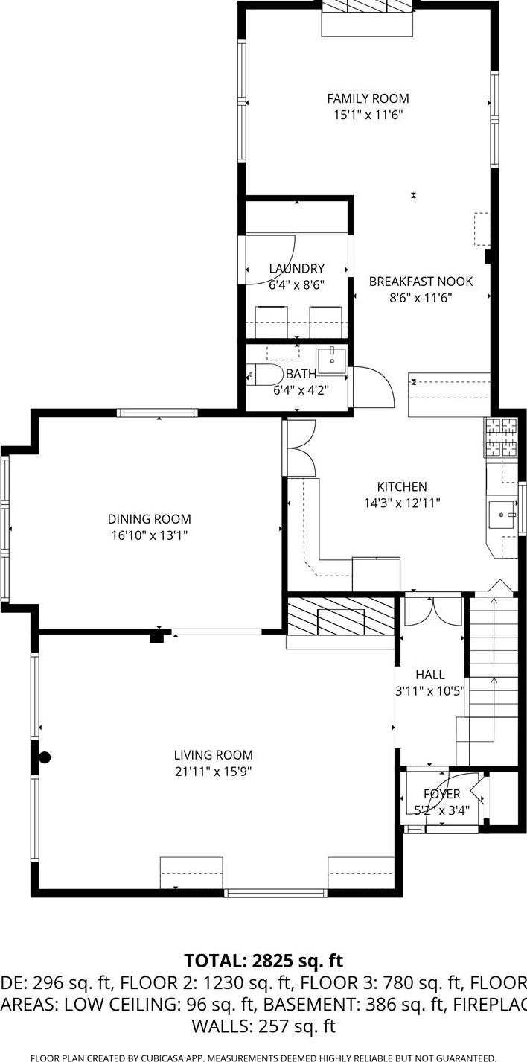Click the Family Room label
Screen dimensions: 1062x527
[368, 98]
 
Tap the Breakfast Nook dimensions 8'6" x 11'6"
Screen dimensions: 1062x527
[421, 297]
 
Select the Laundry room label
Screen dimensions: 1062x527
[296, 269]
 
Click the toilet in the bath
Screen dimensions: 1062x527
[265, 374]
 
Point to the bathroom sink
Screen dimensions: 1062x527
[331, 360]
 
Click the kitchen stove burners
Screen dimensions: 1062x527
[501, 436]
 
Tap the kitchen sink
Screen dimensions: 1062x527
[502, 513]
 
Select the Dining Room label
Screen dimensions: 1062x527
[149, 519]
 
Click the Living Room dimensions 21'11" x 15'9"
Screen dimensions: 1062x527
[213, 772]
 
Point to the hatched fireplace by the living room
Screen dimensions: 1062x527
[340, 616]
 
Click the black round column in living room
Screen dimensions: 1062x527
[45, 757]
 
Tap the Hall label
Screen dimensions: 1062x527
[429, 675]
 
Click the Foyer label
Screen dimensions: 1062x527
[441, 794]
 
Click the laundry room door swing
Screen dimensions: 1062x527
[272, 257]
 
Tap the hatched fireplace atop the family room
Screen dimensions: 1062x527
[367, 6]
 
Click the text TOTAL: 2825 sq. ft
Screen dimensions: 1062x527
[263, 961]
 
